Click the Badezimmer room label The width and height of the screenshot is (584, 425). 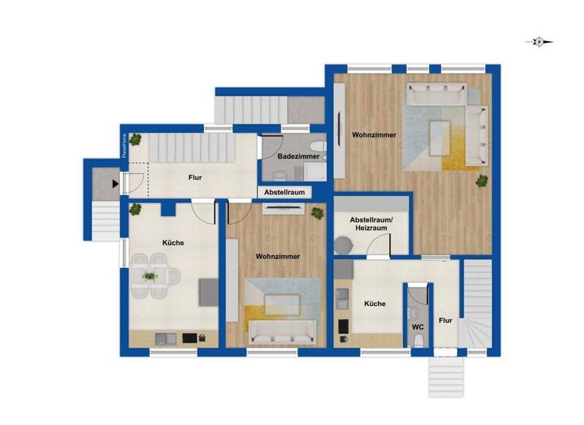[x=293, y=156]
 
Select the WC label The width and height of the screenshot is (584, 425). [x=417, y=327]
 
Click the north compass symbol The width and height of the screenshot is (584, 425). [x=539, y=42]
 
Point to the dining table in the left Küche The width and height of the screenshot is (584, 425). [x=151, y=276]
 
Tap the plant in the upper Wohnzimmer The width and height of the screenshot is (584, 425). [x=481, y=180]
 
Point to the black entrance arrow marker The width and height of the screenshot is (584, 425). [x=115, y=183]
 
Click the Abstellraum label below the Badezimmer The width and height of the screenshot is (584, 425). [x=284, y=193]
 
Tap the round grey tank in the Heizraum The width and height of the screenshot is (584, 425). [x=344, y=245]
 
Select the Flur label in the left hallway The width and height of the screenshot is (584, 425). [x=195, y=178]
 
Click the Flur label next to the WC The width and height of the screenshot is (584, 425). [x=446, y=321]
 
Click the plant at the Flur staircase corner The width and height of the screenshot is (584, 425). [x=135, y=139]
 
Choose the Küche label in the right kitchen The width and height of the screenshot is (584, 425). [x=374, y=304]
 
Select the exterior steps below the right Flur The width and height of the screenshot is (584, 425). [x=446, y=377]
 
